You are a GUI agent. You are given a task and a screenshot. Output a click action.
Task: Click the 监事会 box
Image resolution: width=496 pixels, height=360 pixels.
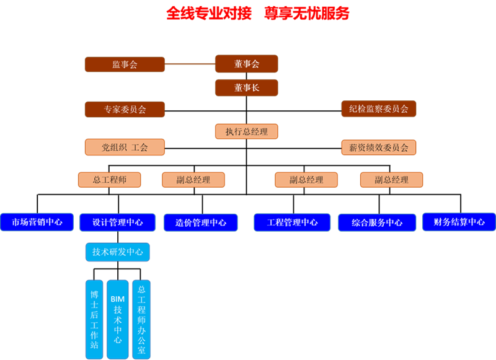125,64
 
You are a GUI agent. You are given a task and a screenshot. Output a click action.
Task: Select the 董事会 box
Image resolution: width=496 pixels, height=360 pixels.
246,64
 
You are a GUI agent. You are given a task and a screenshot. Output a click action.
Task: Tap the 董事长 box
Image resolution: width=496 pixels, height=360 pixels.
246,87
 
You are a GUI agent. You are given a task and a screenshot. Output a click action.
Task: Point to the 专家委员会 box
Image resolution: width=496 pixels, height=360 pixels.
125,110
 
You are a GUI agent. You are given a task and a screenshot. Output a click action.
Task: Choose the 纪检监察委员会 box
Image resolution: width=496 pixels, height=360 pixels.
378,109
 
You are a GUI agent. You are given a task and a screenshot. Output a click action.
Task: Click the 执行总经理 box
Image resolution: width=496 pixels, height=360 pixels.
246,131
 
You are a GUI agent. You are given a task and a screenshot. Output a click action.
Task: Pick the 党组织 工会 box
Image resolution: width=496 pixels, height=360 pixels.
125,147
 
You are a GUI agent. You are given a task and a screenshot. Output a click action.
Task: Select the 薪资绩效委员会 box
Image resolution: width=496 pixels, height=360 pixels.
378,147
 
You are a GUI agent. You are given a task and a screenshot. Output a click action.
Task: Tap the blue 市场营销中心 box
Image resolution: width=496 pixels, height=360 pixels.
37,222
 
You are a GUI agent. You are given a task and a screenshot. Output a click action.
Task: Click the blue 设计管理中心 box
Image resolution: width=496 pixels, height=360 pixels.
117,222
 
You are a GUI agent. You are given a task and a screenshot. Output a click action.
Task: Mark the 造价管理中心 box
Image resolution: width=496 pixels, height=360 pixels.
201,222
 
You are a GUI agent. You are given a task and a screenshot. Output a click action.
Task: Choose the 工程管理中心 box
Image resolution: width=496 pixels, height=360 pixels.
292,222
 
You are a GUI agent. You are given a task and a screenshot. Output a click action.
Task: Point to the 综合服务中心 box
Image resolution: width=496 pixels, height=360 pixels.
377,222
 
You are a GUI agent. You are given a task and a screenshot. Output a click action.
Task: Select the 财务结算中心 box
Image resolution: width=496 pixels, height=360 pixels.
459,222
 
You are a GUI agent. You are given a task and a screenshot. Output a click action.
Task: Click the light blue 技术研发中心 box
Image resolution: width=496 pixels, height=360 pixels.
117,252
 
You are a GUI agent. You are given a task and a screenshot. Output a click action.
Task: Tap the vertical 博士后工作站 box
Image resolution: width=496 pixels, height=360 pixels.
94,319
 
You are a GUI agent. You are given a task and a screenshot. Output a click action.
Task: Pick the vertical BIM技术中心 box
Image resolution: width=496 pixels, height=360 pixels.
117,319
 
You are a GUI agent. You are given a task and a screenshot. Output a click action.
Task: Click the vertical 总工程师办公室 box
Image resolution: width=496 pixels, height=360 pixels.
141,319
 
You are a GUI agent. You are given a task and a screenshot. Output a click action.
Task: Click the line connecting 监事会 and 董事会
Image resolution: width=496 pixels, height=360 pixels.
190,64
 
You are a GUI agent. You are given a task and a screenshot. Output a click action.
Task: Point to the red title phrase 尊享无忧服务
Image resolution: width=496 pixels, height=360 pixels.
306,13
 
